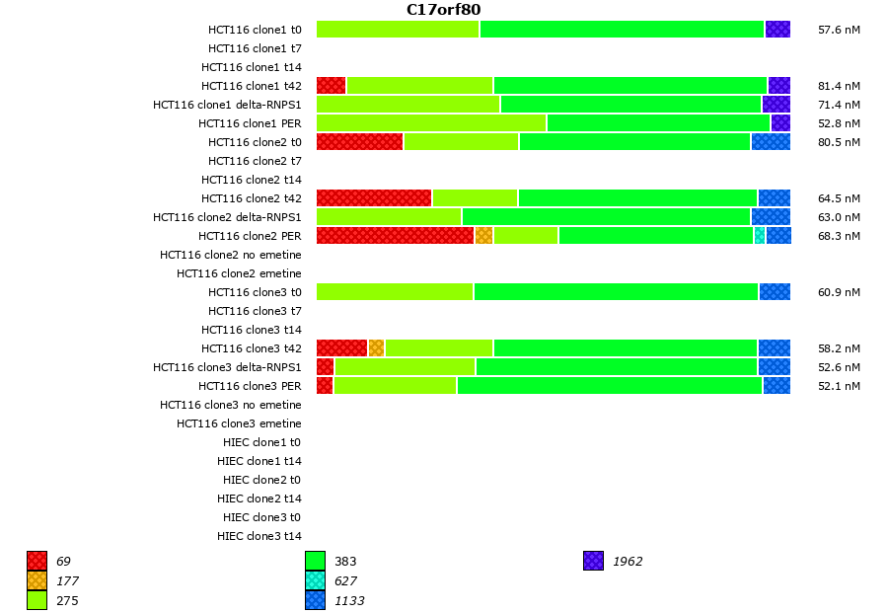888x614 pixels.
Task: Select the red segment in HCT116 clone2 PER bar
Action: (395, 235)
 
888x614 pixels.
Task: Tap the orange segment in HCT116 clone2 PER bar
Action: (483, 235)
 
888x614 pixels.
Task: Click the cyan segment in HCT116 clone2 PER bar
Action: (759, 235)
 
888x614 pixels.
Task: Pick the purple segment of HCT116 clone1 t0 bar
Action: (777, 29)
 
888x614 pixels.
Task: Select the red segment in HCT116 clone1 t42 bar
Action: (331, 85)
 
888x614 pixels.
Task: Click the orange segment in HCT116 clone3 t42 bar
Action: (376, 347)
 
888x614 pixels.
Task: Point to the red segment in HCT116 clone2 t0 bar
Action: (359, 141)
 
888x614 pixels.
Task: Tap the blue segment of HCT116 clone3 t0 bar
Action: (775, 291)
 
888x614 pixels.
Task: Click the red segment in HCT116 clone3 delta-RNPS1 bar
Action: (325, 366)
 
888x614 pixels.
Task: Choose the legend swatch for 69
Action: (37, 561)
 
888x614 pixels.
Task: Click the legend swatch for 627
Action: (315, 580)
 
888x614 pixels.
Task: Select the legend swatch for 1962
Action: (593, 561)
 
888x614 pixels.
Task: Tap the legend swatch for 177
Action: (37, 580)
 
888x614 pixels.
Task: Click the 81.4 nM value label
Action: (839, 86)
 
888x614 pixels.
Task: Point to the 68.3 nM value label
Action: (839, 236)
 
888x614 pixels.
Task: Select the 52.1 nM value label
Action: (839, 386)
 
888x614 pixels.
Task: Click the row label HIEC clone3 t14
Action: (259, 536)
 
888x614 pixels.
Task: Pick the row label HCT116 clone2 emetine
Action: (239, 273)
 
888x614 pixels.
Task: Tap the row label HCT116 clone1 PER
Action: (250, 123)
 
